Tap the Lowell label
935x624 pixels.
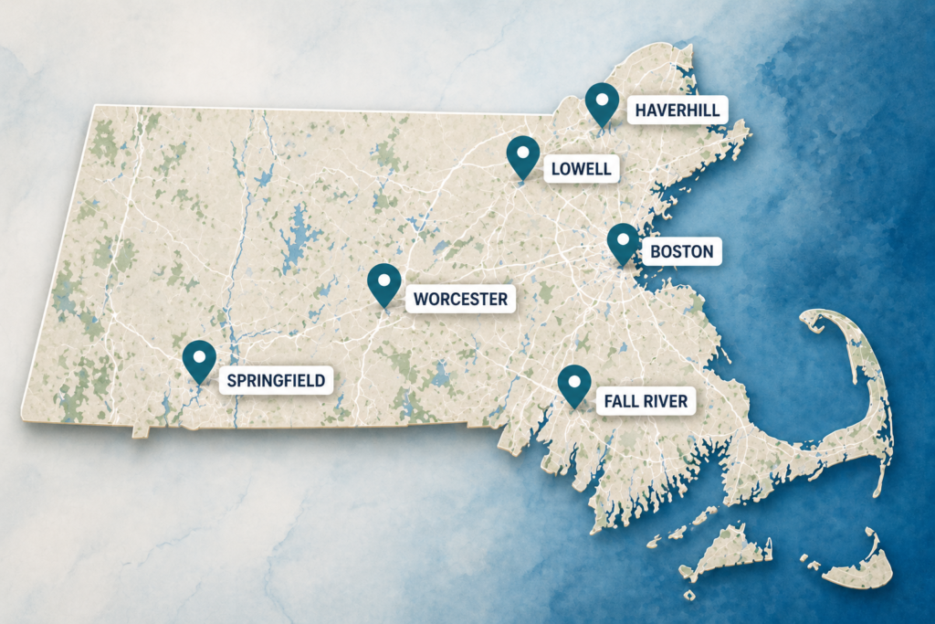[x=581, y=168]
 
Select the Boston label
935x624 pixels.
[x=682, y=251]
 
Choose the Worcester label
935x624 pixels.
[x=459, y=299]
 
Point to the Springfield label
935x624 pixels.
[x=276, y=380]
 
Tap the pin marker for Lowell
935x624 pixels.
[x=523, y=156]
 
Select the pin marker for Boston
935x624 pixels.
[x=624, y=243]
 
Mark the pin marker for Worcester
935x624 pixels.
[x=384, y=283]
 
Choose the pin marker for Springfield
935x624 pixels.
[x=198, y=360]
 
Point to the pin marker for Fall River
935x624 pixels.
[x=574, y=384]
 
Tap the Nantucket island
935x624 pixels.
[x=854, y=567]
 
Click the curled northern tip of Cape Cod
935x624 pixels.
[x=815, y=319]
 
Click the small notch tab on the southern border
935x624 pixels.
[x=140, y=430]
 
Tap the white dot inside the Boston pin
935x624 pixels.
[x=624, y=239]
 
